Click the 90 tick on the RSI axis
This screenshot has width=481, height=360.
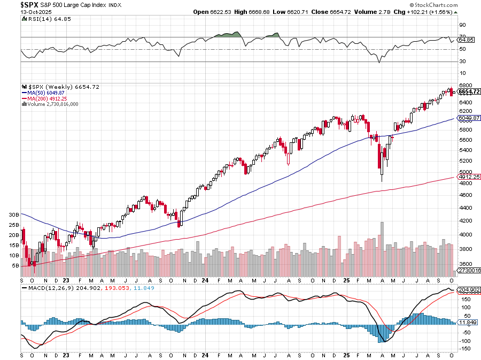[462, 25]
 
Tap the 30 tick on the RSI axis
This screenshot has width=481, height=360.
[462, 62]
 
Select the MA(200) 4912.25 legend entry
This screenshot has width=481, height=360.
[52, 98]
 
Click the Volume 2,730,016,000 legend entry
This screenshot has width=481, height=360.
[52, 104]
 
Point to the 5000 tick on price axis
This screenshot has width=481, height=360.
[465, 172]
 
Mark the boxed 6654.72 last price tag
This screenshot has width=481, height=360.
[469, 91]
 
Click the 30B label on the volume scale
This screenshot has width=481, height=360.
[14, 215]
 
